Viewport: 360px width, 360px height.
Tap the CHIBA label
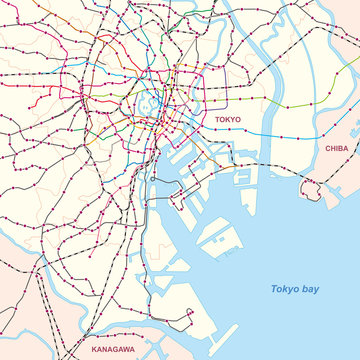[x=336, y=147]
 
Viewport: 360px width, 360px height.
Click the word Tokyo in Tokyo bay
[x=286, y=289]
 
